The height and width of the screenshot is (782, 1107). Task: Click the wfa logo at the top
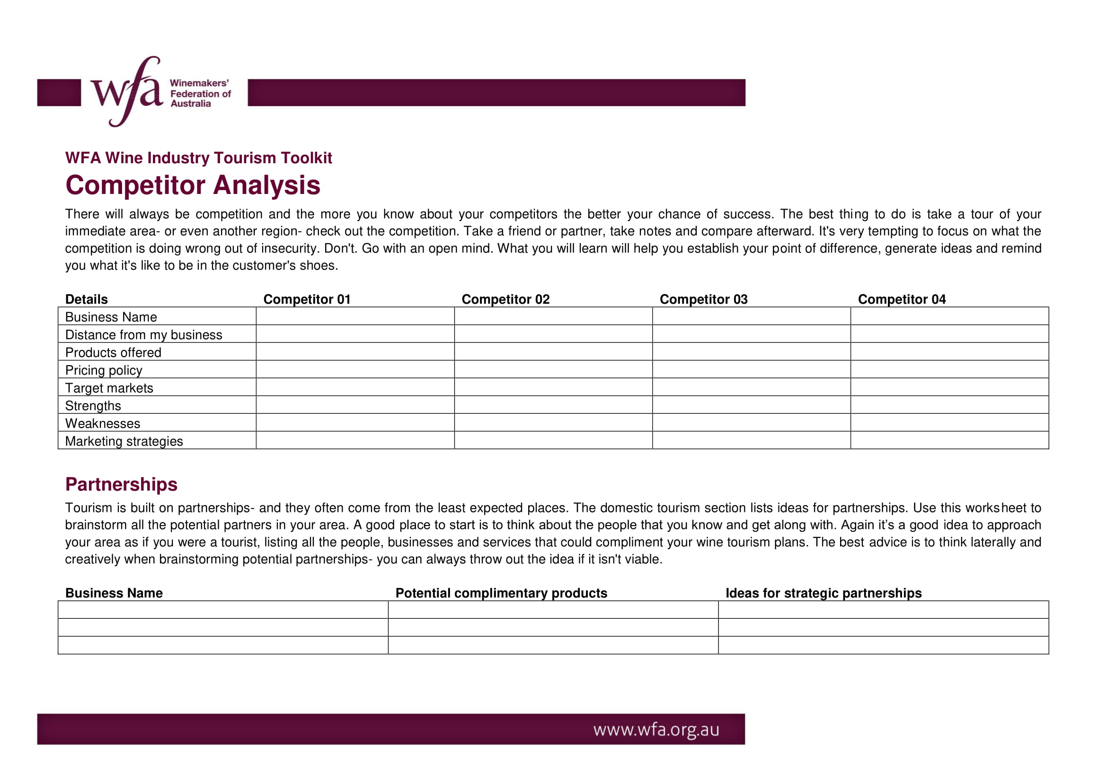(x=127, y=92)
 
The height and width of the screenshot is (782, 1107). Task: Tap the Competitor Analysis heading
(x=192, y=185)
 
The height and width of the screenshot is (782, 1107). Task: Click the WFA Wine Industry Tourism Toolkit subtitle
(x=198, y=158)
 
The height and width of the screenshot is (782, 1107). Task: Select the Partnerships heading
(x=121, y=484)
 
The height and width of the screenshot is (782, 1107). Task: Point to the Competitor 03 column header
(x=703, y=299)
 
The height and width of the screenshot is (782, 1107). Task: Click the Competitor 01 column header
(x=307, y=299)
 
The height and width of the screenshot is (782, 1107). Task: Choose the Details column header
(x=86, y=299)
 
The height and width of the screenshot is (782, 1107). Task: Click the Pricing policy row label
(x=104, y=370)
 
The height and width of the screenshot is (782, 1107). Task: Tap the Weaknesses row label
(x=103, y=423)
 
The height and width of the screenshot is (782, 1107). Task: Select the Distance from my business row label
(x=144, y=335)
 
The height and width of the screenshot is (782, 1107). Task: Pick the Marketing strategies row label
(x=124, y=441)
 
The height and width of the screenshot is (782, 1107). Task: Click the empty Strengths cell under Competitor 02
(x=553, y=405)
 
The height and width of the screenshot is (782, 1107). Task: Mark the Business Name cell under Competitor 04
(x=949, y=316)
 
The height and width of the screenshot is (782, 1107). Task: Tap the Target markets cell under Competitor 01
(x=355, y=387)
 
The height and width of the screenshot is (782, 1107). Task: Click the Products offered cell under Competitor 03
(x=751, y=351)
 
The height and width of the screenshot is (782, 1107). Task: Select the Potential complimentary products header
(x=501, y=593)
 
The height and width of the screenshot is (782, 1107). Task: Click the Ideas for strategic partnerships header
(x=823, y=593)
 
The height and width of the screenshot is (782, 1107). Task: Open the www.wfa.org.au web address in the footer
(x=655, y=729)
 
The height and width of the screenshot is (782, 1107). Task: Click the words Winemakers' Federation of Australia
(x=200, y=94)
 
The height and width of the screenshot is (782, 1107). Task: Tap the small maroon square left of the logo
(x=59, y=93)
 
